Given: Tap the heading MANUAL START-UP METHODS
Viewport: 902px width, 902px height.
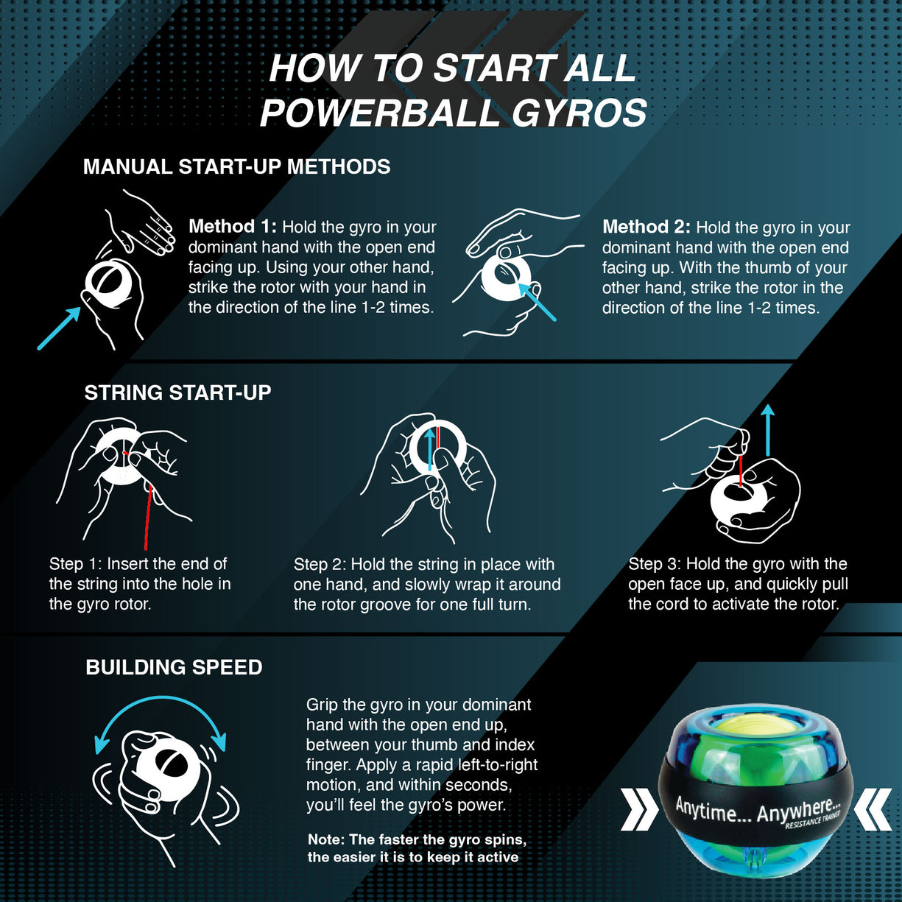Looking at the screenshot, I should pyautogui.click(x=236, y=167).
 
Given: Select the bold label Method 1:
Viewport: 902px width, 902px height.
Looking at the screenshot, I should pyautogui.click(x=232, y=227).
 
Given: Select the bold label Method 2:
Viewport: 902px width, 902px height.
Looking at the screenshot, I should pyautogui.click(x=646, y=227).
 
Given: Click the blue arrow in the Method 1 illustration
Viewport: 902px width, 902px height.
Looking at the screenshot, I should pyautogui.click(x=59, y=328).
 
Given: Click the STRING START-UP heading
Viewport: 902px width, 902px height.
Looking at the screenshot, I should pyautogui.click(x=177, y=392).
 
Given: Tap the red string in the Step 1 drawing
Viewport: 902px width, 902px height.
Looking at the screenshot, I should pyautogui.click(x=148, y=515).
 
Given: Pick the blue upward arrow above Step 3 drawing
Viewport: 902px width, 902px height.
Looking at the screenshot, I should pyautogui.click(x=768, y=430).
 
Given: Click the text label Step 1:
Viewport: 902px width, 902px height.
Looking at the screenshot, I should pyautogui.click(x=75, y=564).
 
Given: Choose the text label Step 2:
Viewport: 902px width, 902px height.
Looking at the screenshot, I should pyautogui.click(x=320, y=565).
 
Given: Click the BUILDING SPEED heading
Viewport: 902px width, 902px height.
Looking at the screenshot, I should pyautogui.click(x=174, y=667).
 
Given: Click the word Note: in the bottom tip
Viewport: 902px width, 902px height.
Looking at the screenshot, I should pyautogui.click(x=325, y=839).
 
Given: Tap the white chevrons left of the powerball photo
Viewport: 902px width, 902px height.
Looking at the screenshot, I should pyautogui.click(x=639, y=809).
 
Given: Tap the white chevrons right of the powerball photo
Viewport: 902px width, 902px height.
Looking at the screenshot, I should pyautogui.click(x=873, y=809).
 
